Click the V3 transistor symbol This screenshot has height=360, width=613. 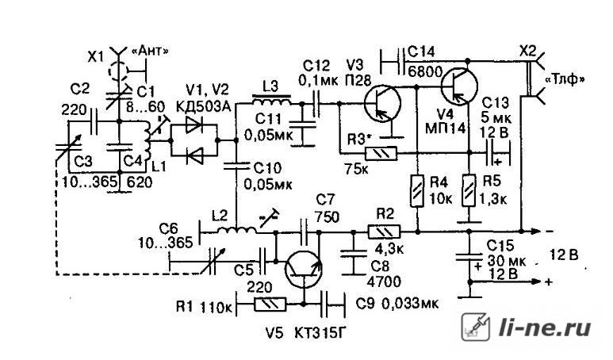click(x=382, y=103)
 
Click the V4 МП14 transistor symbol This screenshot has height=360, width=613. click(x=459, y=85)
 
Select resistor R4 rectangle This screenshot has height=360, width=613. click(x=417, y=191)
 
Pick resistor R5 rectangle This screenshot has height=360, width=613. click(x=469, y=191)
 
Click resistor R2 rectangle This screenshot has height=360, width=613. click(x=384, y=232)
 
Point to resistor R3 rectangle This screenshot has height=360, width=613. click(x=381, y=153)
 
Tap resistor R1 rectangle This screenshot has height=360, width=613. click(x=270, y=304)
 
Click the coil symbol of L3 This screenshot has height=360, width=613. click(x=271, y=100)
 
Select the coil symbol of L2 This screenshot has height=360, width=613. click(x=237, y=230)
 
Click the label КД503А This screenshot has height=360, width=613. click(x=203, y=106)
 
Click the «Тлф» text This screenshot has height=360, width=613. click(x=565, y=80)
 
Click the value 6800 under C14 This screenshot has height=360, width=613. click(x=425, y=71)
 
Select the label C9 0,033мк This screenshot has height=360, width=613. click(x=397, y=304)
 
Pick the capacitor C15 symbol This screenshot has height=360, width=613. click(x=469, y=257)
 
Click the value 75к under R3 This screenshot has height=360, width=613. click(x=358, y=169)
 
